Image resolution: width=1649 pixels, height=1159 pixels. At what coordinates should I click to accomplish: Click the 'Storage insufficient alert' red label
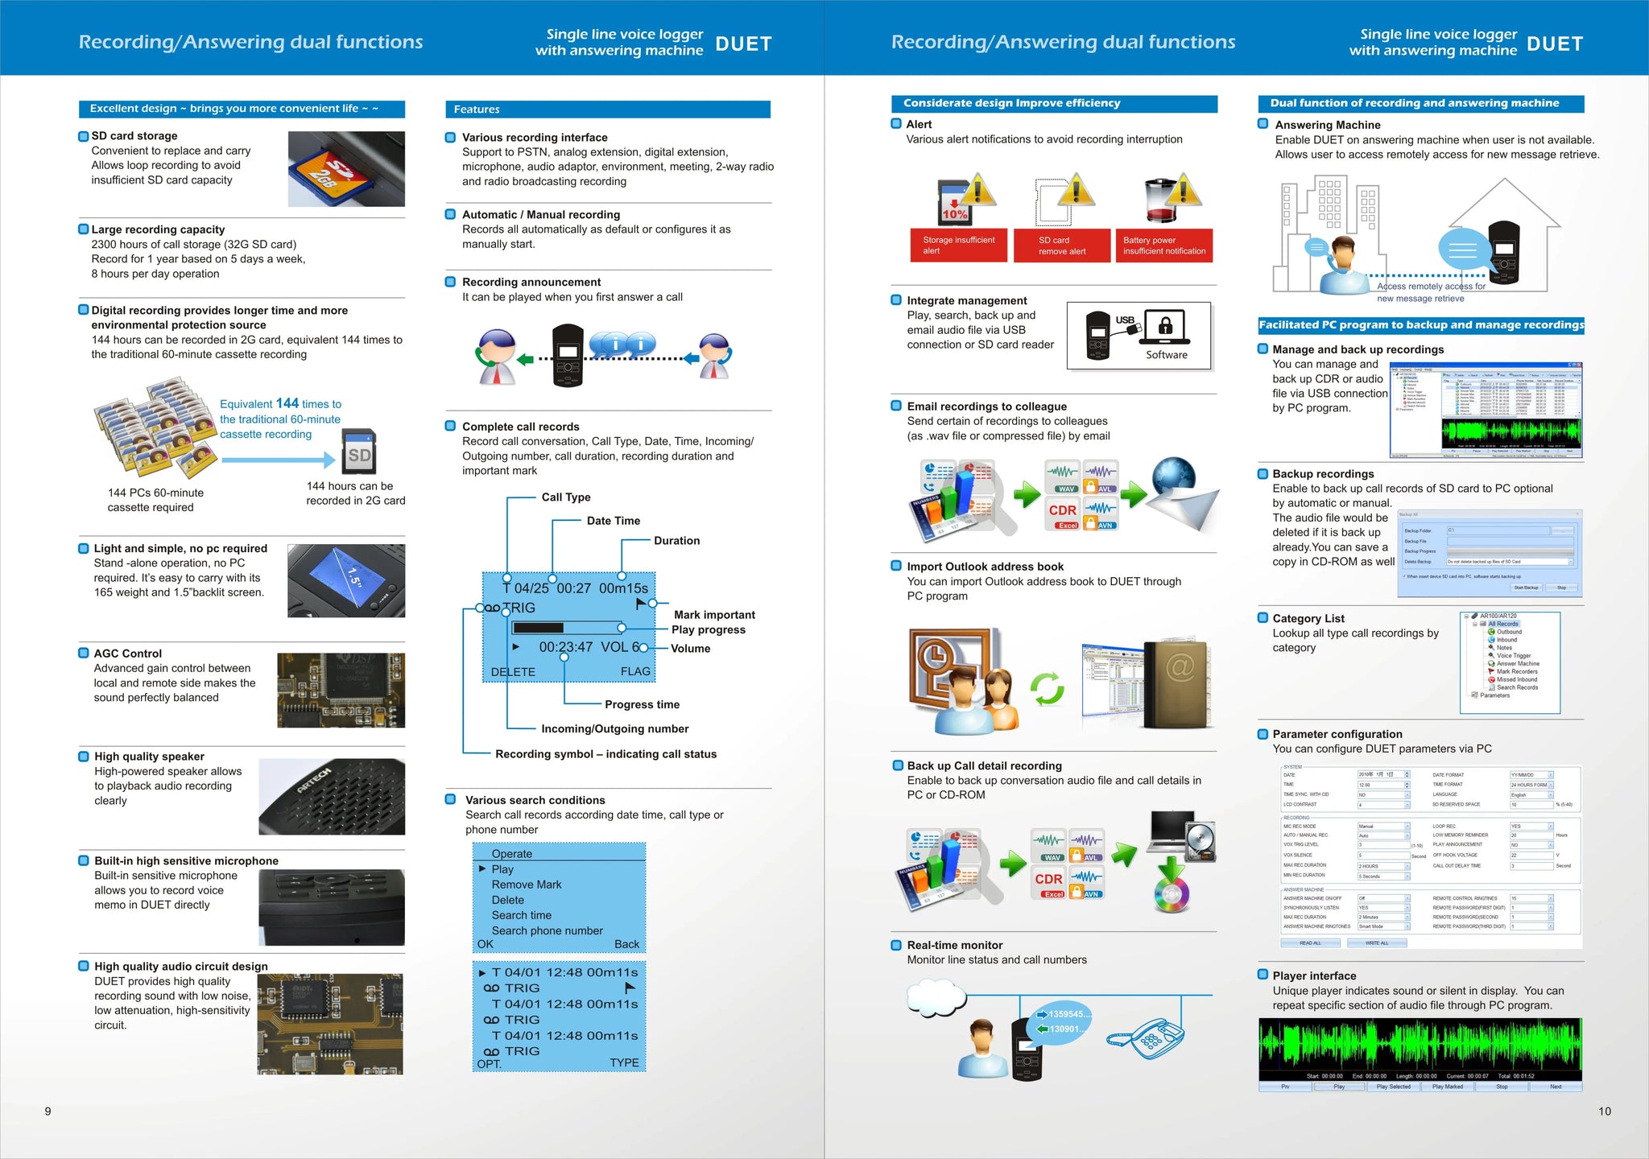(958, 245)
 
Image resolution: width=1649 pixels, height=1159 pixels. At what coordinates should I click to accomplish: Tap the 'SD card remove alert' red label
(1061, 245)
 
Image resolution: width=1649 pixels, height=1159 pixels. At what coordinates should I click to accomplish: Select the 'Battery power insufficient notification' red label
(1163, 245)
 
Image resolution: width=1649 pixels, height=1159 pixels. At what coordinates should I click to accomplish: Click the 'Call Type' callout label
(566, 497)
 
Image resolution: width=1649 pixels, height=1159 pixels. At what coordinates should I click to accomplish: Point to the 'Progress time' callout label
(642, 704)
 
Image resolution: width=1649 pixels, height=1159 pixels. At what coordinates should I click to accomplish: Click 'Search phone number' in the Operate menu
(547, 930)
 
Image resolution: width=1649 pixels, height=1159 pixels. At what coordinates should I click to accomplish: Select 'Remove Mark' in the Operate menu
(527, 885)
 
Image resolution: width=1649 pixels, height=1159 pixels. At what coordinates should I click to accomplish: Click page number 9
(48, 1112)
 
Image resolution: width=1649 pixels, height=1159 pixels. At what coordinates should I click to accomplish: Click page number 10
(1604, 1112)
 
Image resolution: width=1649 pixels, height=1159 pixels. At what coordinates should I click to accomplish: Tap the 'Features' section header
(477, 109)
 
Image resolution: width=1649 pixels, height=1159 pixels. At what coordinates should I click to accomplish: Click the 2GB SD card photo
(345, 169)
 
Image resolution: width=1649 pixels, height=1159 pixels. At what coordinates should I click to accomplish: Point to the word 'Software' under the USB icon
(1166, 355)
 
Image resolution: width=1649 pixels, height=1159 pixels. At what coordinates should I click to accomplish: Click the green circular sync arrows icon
(1047, 688)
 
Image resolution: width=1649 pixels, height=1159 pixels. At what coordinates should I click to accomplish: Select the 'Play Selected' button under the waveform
(1393, 1087)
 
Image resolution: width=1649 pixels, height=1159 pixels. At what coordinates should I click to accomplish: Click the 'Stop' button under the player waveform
(1502, 1087)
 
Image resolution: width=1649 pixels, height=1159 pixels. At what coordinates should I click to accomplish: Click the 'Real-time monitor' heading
(954, 945)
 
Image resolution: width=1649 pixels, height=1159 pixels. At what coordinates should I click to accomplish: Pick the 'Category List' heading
(1308, 618)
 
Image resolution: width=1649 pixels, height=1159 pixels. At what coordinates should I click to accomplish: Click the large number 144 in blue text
(287, 403)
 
